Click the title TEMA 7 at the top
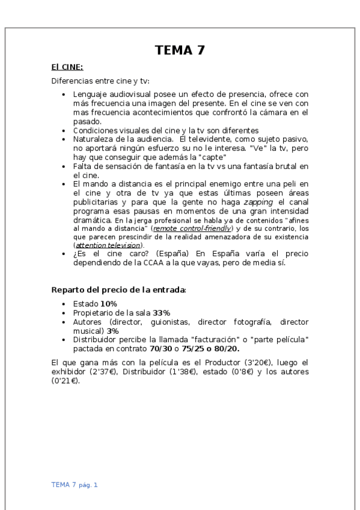click(x=180, y=51)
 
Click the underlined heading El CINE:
click(x=67, y=67)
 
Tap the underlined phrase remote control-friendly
click(x=192, y=229)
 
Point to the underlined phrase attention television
click(x=109, y=245)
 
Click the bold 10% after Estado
click(x=109, y=304)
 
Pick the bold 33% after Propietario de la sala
click(x=162, y=313)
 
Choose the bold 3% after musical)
click(x=112, y=331)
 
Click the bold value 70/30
click(x=161, y=348)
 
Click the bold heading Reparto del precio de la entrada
click(x=118, y=290)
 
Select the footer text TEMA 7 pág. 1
click(x=75, y=484)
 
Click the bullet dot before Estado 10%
click(x=64, y=304)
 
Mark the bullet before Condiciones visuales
click(x=64, y=131)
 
